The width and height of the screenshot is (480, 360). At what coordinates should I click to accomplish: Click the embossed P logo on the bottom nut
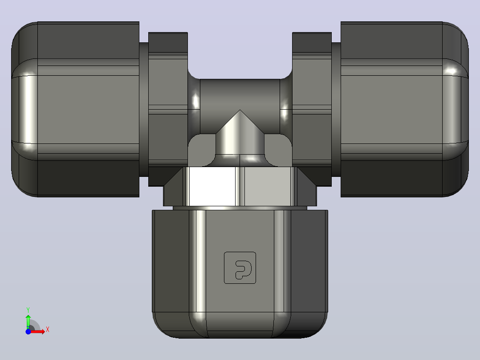[240, 268]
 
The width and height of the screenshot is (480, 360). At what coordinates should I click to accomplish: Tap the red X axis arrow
[38, 331]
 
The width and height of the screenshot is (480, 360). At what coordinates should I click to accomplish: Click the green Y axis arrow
[28, 321]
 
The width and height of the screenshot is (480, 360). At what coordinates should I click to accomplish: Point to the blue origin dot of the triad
[28, 331]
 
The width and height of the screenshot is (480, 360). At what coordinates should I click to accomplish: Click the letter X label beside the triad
[48, 330]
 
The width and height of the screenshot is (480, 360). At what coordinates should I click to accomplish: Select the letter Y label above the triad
[28, 310]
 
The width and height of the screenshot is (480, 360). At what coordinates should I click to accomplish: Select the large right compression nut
[405, 109]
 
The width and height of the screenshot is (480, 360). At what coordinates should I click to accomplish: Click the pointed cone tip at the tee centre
[240, 110]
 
